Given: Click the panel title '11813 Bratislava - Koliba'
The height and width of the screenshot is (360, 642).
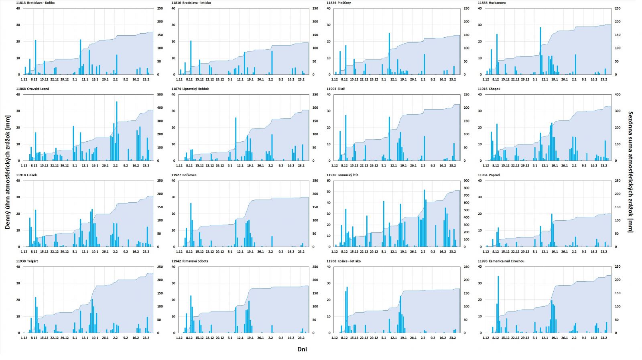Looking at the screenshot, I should point(35,3).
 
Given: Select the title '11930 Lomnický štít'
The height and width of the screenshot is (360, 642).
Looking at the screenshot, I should point(342,175).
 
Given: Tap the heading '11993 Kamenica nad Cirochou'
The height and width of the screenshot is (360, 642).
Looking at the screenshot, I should point(501,261).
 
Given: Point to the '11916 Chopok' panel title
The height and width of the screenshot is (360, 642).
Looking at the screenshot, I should point(489,89).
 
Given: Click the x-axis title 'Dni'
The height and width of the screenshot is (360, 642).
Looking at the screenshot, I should point(302,349).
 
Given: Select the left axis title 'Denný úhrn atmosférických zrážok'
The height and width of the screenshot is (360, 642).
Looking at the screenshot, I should point(8,172).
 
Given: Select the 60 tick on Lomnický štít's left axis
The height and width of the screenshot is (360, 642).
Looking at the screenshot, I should point(329,181).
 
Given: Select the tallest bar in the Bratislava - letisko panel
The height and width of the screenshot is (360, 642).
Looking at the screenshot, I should point(191,57).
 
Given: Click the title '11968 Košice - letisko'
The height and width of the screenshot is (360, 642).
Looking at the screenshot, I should point(343,261).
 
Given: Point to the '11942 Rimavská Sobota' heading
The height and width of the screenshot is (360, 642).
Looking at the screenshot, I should point(190,261).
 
